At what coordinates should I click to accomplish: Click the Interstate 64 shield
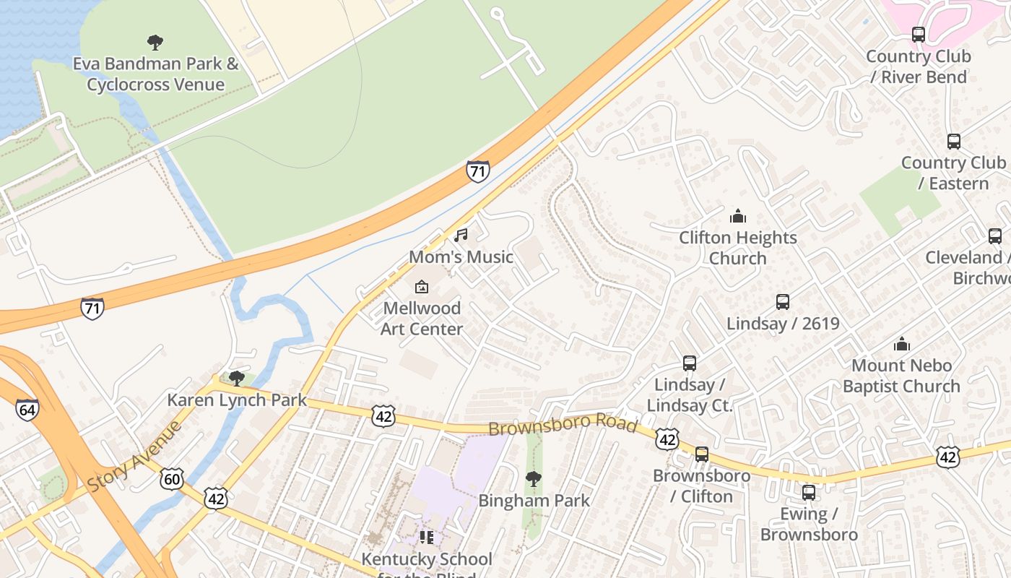(x=27, y=410)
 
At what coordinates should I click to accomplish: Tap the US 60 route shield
(x=172, y=478)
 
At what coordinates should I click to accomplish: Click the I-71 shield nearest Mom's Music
(x=477, y=171)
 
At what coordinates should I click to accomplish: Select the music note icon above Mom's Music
(x=461, y=235)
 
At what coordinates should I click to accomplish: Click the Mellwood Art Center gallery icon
(x=422, y=287)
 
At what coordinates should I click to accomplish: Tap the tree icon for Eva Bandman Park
(x=155, y=42)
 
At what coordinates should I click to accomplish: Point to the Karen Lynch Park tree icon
(x=236, y=378)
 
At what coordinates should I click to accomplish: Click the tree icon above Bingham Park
(x=534, y=478)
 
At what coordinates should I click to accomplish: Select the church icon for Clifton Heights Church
(x=737, y=216)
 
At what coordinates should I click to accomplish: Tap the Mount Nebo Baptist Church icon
(x=901, y=344)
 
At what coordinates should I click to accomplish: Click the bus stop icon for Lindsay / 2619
(x=783, y=302)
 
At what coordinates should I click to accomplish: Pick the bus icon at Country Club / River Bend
(x=918, y=34)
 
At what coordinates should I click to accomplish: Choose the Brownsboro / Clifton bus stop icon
(x=701, y=454)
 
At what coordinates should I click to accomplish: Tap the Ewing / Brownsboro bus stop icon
(x=809, y=493)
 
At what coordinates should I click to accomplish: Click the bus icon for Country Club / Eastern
(x=953, y=142)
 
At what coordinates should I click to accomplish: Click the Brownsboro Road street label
(x=563, y=425)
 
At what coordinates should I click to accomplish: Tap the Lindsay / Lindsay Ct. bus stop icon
(x=690, y=363)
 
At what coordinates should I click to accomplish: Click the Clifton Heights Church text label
(x=737, y=248)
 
